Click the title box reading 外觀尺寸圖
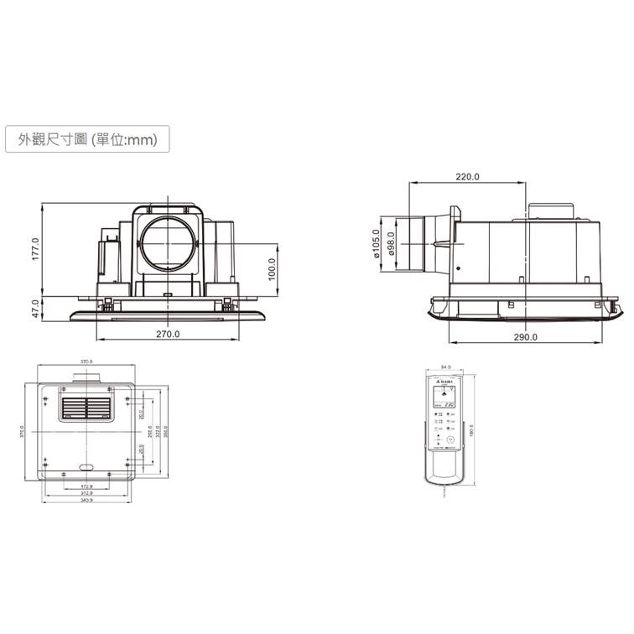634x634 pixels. tap(86, 139)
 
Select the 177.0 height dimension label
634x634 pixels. tap(36, 249)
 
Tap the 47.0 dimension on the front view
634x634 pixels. tap(36, 308)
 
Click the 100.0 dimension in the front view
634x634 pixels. tap(271, 270)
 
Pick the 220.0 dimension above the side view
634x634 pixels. tap(467, 177)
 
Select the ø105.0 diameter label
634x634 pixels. tap(377, 244)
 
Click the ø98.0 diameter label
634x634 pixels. tap(391, 244)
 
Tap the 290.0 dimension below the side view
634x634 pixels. tap(525, 336)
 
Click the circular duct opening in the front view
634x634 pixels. tap(167, 242)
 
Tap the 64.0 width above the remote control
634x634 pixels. tap(445, 366)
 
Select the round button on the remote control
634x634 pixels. tap(451, 439)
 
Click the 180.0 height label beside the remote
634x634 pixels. tap(471, 429)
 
